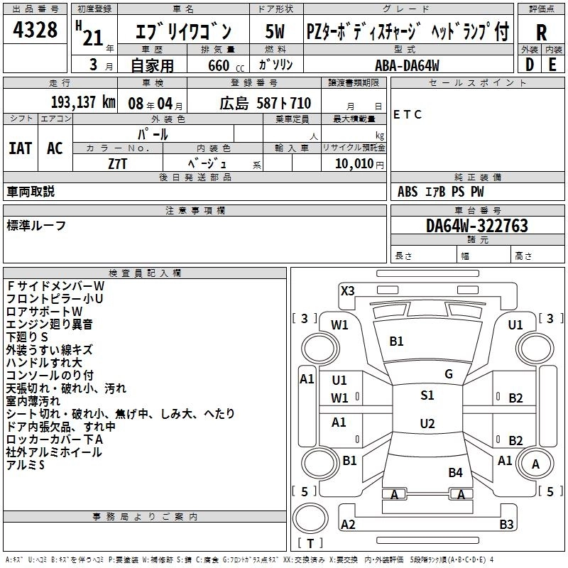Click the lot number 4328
pos(35,31)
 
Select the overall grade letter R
pos(541,33)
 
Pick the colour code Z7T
pos(118,163)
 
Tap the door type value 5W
pos(275,32)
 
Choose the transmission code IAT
pos(20,148)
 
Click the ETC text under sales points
pos(408,114)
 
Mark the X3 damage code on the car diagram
pos(348,290)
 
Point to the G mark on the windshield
pos(448,373)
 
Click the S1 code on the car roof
pos(427,395)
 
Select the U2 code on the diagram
pos(427,424)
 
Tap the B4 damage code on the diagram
pos(455,472)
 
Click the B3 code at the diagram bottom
pos(506,525)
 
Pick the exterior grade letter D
pos(529,65)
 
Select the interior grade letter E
pos(552,65)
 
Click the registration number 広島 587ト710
pos(255,103)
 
